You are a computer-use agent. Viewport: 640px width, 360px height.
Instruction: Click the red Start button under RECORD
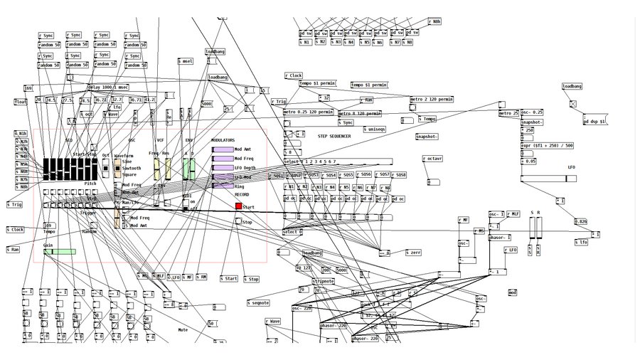click(x=238, y=206)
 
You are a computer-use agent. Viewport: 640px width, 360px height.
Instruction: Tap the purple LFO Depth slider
click(x=223, y=167)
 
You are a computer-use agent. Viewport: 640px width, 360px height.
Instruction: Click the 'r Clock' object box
click(x=294, y=75)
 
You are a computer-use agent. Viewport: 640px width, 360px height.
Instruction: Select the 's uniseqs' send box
click(x=375, y=129)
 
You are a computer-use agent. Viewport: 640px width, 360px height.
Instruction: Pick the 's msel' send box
click(x=186, y=61)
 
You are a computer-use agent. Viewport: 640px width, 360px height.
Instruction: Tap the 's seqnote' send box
click(x=259, y=303)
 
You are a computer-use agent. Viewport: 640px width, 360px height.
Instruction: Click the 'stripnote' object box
click(x=323, y=281)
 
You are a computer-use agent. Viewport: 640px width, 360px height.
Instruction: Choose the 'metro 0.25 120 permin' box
click(x=309, y=112)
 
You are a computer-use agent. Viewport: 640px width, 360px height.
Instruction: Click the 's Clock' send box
click(x=16, y=230)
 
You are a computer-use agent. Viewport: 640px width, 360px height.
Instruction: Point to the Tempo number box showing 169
click(x=48, y=225)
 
